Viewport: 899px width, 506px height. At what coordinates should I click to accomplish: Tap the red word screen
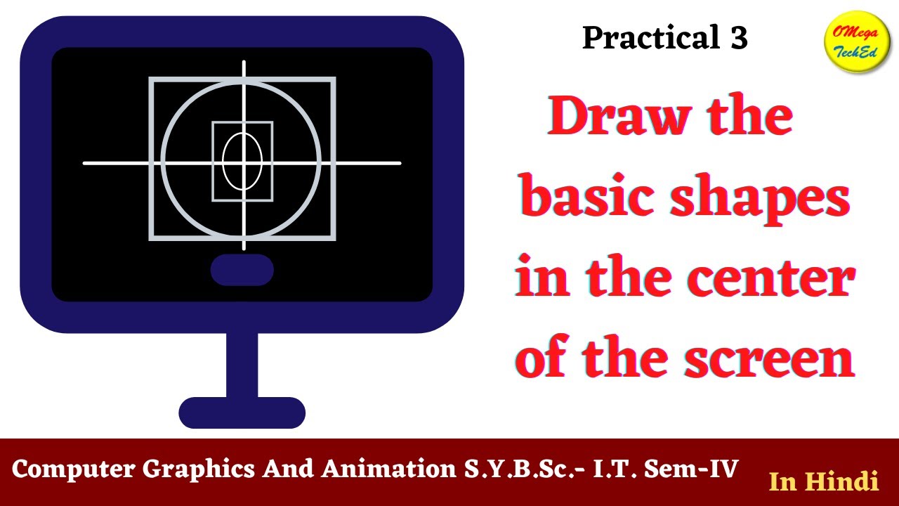(769, 359)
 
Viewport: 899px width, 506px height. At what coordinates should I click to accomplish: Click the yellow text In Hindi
(824, 481)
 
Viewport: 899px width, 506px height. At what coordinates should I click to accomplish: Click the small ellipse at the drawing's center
(243, 161)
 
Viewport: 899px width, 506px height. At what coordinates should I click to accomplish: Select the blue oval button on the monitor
(242, 271)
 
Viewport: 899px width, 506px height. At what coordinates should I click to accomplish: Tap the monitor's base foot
(242, 413)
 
